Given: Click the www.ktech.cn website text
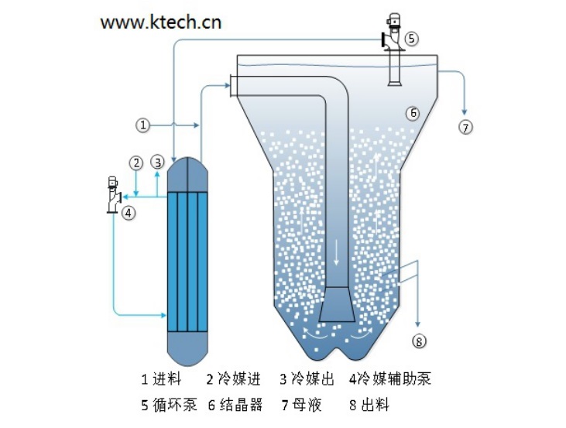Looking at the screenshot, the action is click(161, 22).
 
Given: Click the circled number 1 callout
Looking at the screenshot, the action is click(143, 125).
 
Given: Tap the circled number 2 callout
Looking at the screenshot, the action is click(136, 163).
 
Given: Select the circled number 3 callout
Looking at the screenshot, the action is click(157, 163).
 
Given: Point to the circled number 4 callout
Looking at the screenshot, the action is click(129, 213).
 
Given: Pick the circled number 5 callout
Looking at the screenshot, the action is click(412, 38).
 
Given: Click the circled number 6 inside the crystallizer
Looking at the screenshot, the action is click(413, 113).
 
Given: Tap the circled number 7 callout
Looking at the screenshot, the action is click(465, 127).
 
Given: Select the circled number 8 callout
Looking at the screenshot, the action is click(419, 341).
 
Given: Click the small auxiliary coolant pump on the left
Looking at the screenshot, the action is click(113, 195).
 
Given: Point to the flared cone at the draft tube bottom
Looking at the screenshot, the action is click(337, 304).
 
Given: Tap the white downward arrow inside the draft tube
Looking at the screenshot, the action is click(336, 252).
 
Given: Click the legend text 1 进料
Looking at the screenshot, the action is click(161, 379).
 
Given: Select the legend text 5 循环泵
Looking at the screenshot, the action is click(169, 405).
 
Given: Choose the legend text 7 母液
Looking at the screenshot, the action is click(301, 405).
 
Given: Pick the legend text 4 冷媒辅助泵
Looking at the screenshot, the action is click(389, 379).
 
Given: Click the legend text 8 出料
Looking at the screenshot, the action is click(369, 405).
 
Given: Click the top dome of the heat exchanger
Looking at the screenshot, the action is click(187, 174).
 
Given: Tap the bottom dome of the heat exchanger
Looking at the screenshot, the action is click(187, 348).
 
